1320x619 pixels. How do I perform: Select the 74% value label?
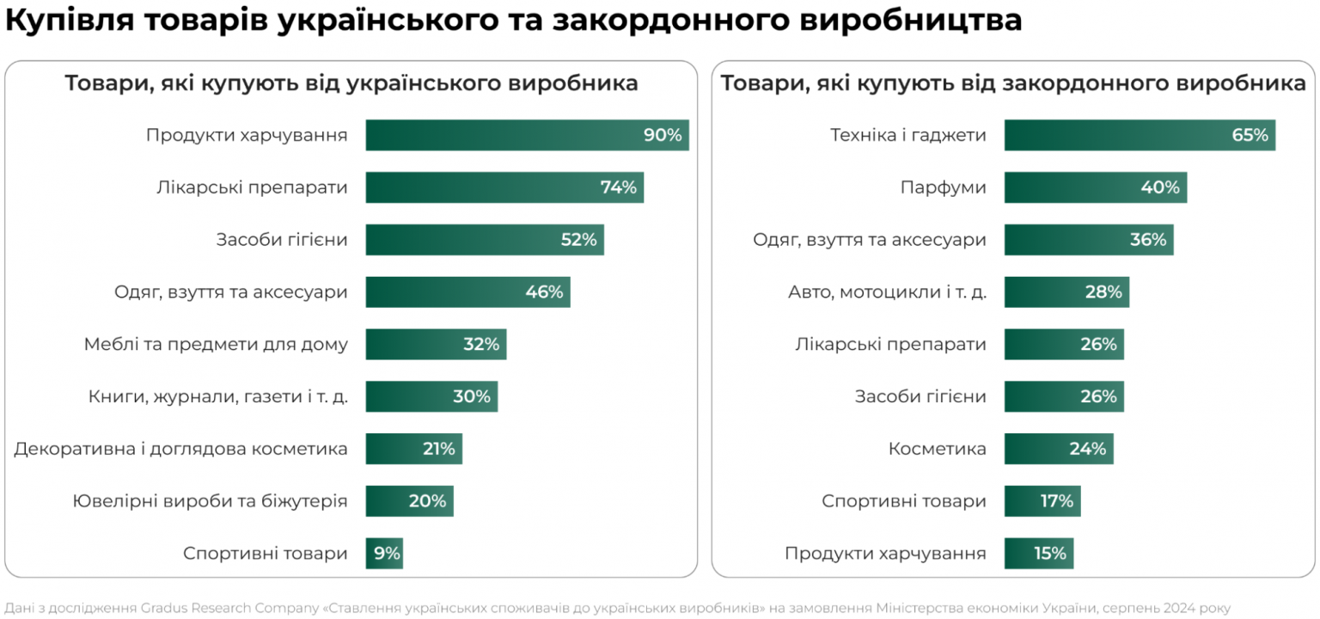[x=619, y=187]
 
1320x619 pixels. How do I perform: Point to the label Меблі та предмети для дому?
[x=216, y=345]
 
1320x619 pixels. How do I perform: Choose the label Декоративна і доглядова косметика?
[x=180, y=449]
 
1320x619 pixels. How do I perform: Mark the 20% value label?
[x=427, y=501]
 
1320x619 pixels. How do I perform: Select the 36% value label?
[x=1148, y=240]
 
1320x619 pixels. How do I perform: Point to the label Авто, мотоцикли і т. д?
[x=887, y=292]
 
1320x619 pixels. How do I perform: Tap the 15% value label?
[x=1050, y=554]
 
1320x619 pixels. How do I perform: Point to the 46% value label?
[x=544, y=292]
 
